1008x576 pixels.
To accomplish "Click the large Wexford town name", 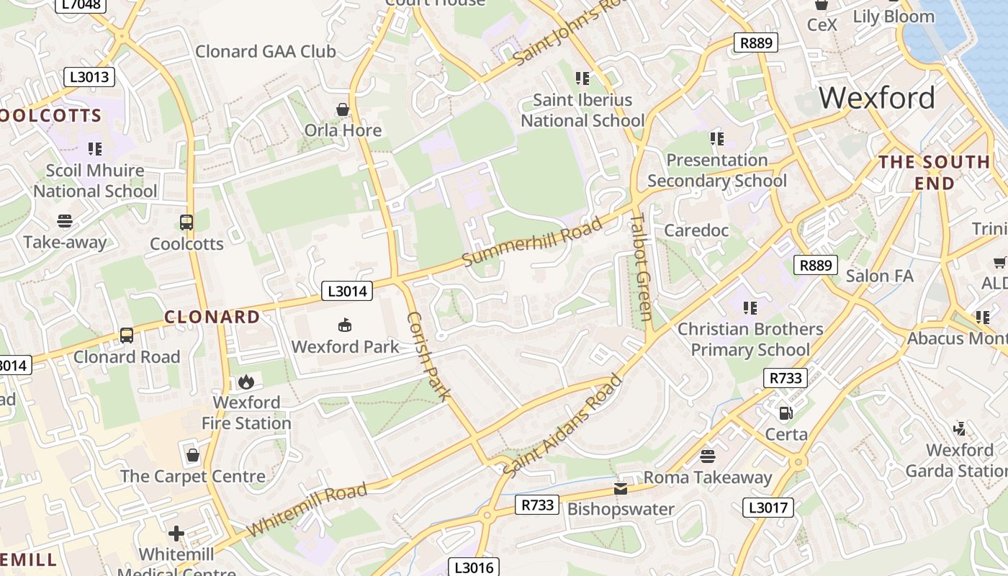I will tap(877, 97).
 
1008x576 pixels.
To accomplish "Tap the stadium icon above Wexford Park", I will tap(345, 325).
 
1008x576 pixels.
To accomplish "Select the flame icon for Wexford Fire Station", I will tap(246, 381).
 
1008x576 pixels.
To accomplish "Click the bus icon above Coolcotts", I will tap(186, 222).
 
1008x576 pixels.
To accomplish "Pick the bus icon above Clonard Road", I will tap(127, 336).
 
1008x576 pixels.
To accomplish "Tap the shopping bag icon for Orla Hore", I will tap(343, 109).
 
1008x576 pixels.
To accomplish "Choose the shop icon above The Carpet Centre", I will tap(192, 455).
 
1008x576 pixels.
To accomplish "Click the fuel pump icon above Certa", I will tap(786, 413).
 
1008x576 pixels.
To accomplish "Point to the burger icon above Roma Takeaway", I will tap(707, 456).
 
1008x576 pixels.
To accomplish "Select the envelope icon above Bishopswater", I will tap(621, 489).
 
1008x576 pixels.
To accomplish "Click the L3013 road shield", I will tap(89, 77).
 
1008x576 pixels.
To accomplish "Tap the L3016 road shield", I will tap(474, 567).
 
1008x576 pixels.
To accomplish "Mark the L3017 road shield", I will tap(768, 508).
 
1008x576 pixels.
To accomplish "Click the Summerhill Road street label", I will tap(532, 242).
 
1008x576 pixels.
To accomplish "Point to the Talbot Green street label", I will tap(640, 267).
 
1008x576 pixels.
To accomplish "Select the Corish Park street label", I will tap(429, 356).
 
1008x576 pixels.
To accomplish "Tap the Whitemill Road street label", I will tap(307, 510).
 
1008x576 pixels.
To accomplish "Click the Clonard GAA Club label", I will tap(266, 52).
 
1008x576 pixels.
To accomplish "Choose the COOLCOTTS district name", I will tap(50, 116).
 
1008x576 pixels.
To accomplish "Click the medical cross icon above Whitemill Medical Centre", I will tap(176, 534).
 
